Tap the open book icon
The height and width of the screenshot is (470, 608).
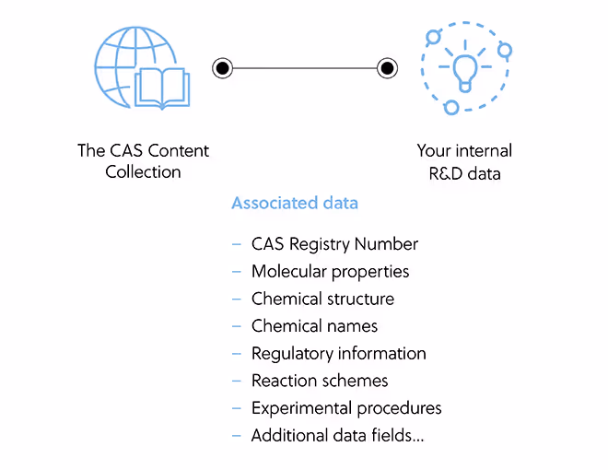click(162, 88)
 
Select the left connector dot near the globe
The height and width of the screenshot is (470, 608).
click(222, 67)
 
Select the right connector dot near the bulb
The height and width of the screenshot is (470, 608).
click(387, 67)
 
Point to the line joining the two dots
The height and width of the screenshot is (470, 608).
click(304, 67)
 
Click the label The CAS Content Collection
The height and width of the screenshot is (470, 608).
click(143, 161)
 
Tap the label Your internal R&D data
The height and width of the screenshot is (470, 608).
click(464, 161)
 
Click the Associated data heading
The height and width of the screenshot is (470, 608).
click(295, 203)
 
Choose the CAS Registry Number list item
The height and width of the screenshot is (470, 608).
click(334, 244)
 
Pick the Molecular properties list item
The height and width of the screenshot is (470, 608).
click(330, 272)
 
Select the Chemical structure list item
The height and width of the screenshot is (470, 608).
click(322, 299)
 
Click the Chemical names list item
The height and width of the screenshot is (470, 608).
click(314, 326)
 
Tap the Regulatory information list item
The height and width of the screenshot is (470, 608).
click(338, 353)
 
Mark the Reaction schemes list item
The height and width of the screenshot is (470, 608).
click(320, 381)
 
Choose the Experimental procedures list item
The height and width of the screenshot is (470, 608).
click(346, 407)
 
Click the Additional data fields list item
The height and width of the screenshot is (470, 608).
click(338, 435)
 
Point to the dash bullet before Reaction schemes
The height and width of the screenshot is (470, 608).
click(237, 381)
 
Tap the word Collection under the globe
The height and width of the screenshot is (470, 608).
click(143, 171)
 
